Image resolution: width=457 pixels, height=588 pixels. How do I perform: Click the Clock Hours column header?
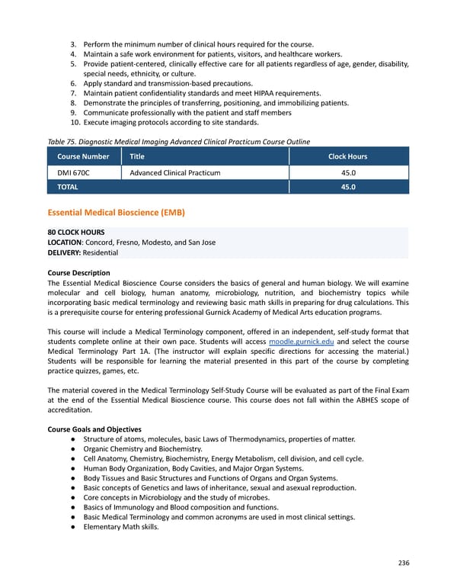coord(347,156)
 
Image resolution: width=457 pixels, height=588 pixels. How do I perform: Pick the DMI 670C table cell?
coord(73,173)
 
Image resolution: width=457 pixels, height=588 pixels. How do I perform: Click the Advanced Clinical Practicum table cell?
coord(175,173)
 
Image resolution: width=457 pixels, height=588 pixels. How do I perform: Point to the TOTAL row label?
coord(67,187)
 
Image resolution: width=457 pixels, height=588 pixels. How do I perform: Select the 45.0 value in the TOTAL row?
coord(347,187)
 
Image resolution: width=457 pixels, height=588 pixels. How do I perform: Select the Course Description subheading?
coord(78,272)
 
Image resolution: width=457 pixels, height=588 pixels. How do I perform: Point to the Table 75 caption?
coord(178,141)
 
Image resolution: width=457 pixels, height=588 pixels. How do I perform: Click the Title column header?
coord(137,156)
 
